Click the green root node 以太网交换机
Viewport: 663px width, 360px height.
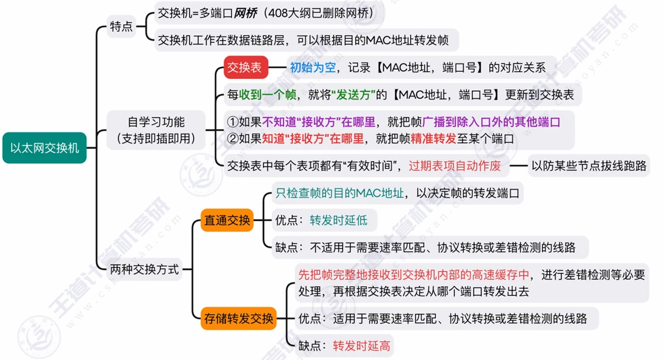[x=44, y=148]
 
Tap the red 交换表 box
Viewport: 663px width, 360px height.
[x=246, y=67]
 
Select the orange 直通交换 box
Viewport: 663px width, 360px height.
[x=227, y=220]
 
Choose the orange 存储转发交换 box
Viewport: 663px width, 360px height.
[x=238, y=318]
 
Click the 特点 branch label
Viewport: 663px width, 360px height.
[x=121, y=26]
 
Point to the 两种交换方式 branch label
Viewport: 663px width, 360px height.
[x=144, y=269]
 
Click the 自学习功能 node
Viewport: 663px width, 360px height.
[x=156, y=130]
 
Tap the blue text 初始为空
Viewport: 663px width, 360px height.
[x=312, y=67]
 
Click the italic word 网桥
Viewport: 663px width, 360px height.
[x=245, y=13]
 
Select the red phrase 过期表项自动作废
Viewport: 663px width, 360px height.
[x=455, y=166]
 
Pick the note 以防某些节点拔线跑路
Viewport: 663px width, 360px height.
[x=589, y=166]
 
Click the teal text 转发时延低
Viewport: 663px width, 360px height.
[x=338, y=221]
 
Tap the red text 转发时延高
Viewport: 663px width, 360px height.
[x=362, y=346]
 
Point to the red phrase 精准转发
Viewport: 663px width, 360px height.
[x=434, y=139]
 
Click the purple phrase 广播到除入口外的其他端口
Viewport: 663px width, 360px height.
[x=491, y=122]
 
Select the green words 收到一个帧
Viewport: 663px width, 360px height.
[x=268, y=95]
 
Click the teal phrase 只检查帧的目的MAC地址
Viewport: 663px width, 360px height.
[x=339, y=194]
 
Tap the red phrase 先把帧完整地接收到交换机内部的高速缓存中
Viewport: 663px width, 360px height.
[x=414, y=275]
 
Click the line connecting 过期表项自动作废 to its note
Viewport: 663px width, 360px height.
[x=518, y=166]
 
